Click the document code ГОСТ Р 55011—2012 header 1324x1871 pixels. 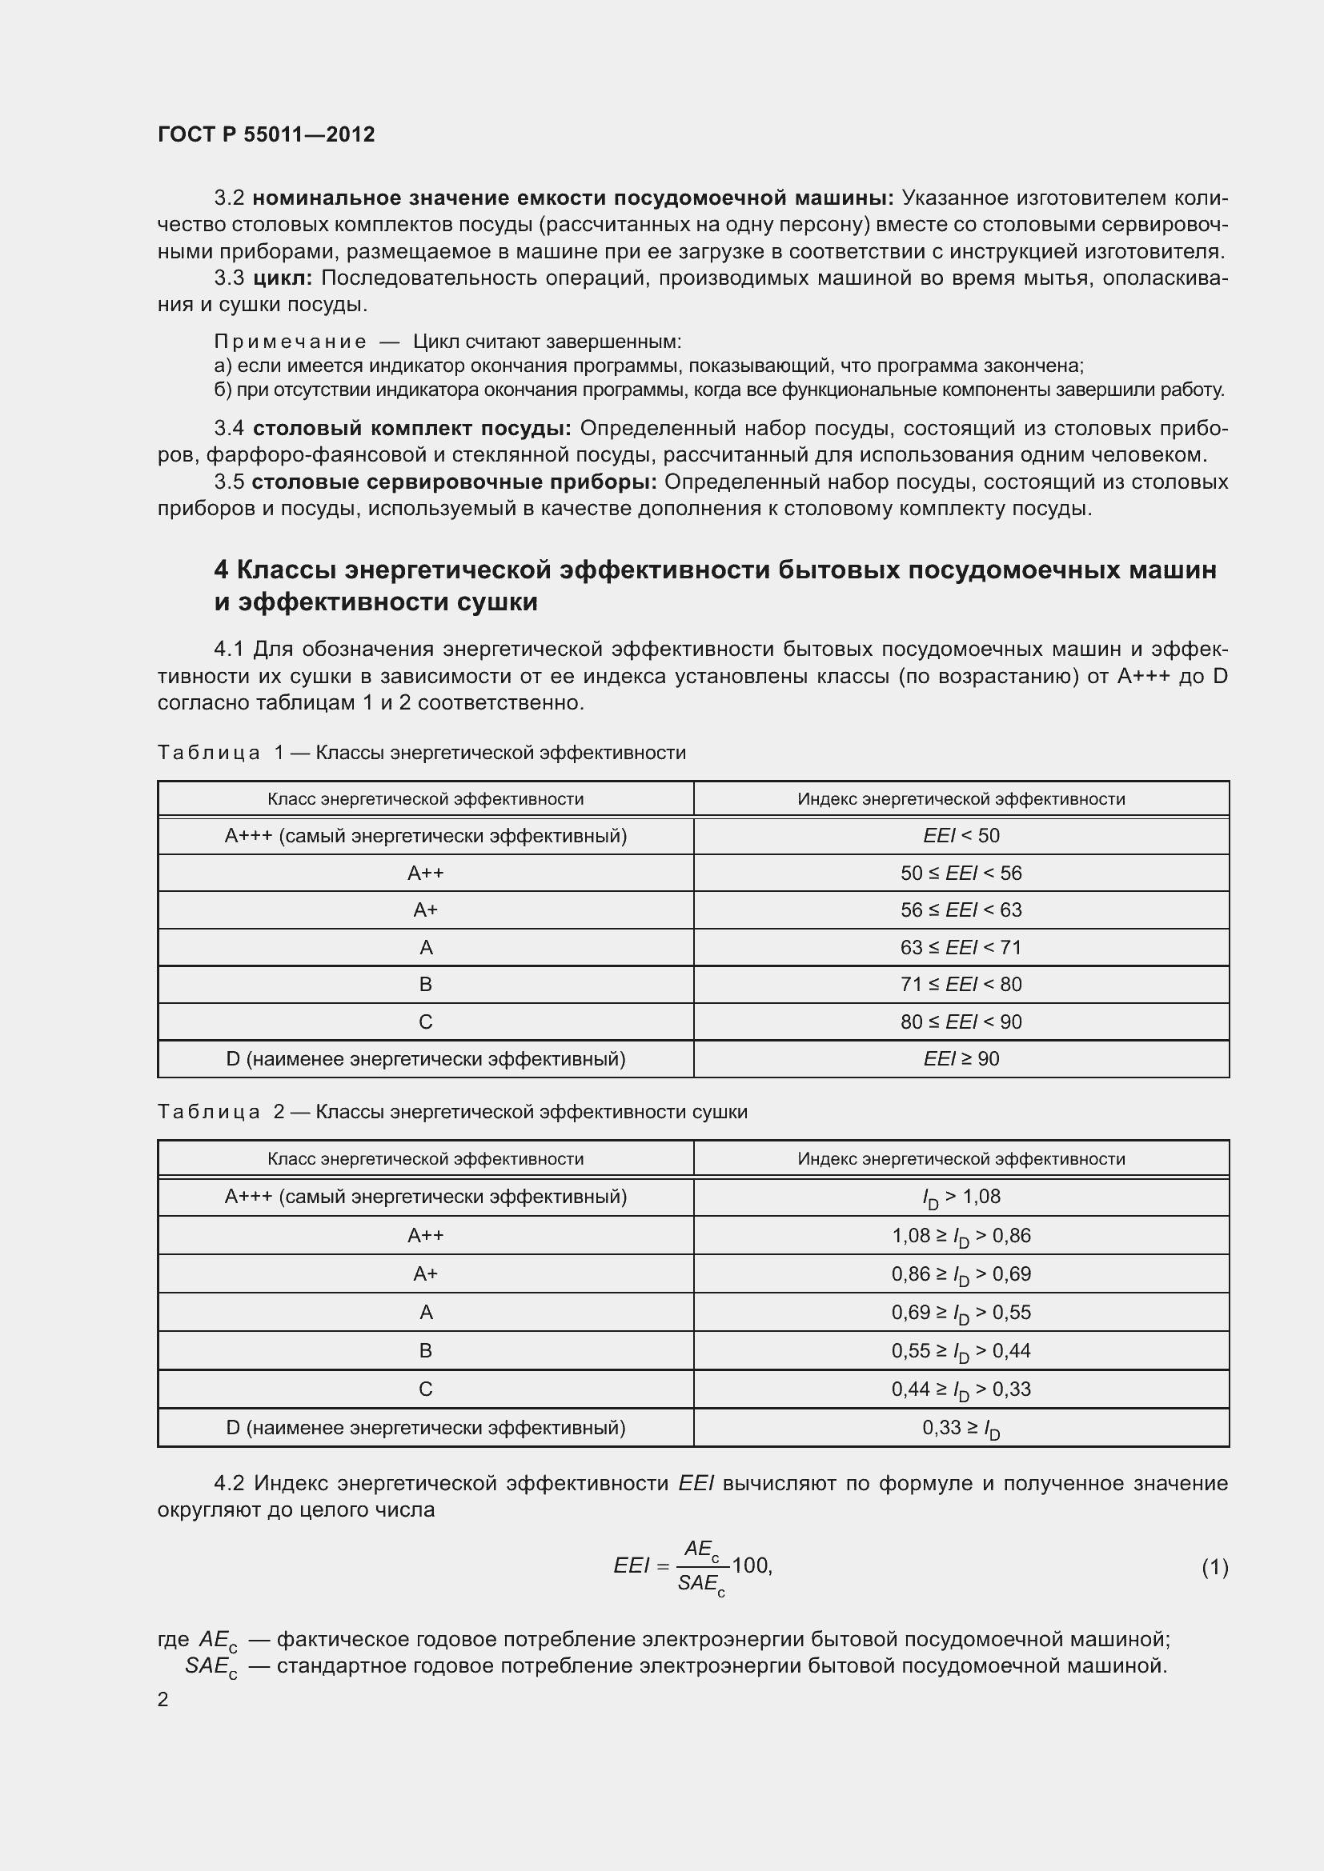point(266,134)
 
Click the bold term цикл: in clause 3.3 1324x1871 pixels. point(282,278)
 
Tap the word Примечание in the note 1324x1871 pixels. point(290,342)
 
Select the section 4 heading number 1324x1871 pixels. point(221,570)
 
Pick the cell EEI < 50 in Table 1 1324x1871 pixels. point(961,835)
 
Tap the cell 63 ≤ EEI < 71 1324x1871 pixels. point(961,947)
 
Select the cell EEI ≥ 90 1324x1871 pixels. point(961,1058)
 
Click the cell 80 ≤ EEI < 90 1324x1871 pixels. point(961,1021)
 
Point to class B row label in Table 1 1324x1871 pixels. point(426,985)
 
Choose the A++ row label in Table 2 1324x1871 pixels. point(426,1235)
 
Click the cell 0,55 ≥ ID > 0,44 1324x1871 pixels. point(961,1351)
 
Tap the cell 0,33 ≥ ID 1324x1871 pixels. point(961,1428)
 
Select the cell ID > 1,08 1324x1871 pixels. point(961,1197)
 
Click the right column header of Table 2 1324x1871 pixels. point(961,1159)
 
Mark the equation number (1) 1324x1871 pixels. point(1214,1567)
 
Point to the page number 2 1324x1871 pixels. point(163,1699)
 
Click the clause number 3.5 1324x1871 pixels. point(229,482)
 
